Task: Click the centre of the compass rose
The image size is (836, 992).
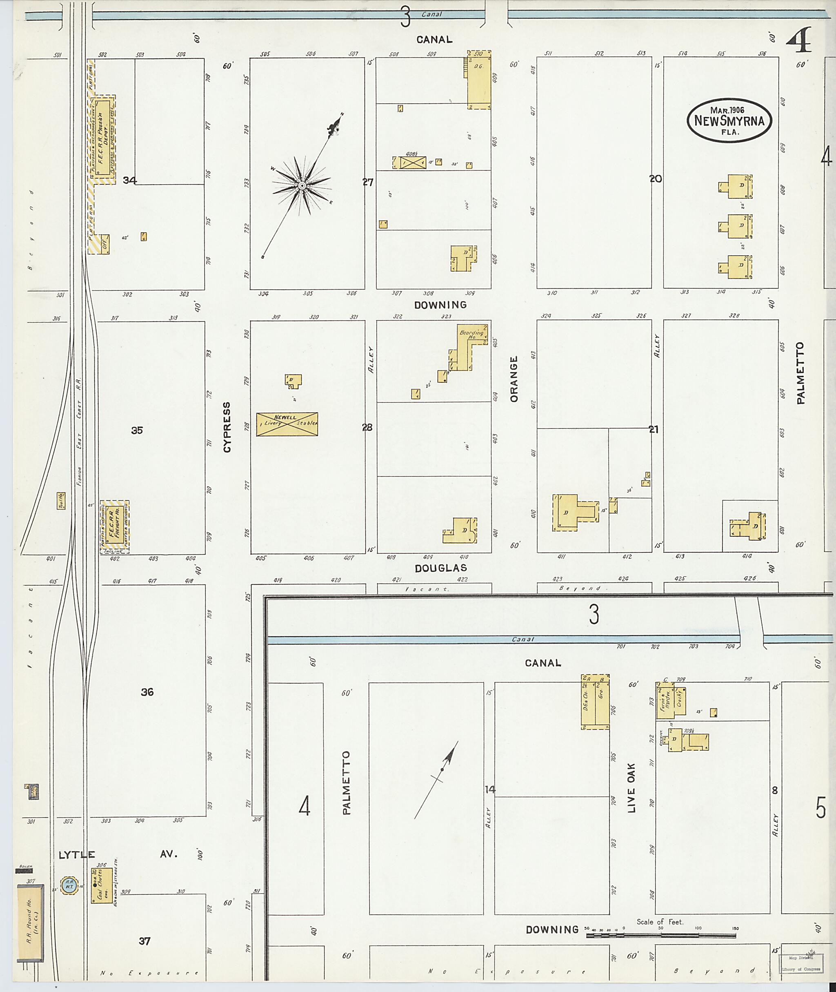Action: tap(301, 185)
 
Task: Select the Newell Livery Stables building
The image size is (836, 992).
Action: tap(287, 424)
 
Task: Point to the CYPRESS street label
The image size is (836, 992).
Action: tap(227, 427)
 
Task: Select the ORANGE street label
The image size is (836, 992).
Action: tap(514, 379)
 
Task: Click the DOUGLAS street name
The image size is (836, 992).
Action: tap(441, 568)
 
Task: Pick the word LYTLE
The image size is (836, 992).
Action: tap(77, 855)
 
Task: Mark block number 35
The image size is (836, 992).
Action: tap(137, 430)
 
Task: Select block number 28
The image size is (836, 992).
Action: tap(367, 427)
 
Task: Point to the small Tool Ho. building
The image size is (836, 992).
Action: tap(61, 501)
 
